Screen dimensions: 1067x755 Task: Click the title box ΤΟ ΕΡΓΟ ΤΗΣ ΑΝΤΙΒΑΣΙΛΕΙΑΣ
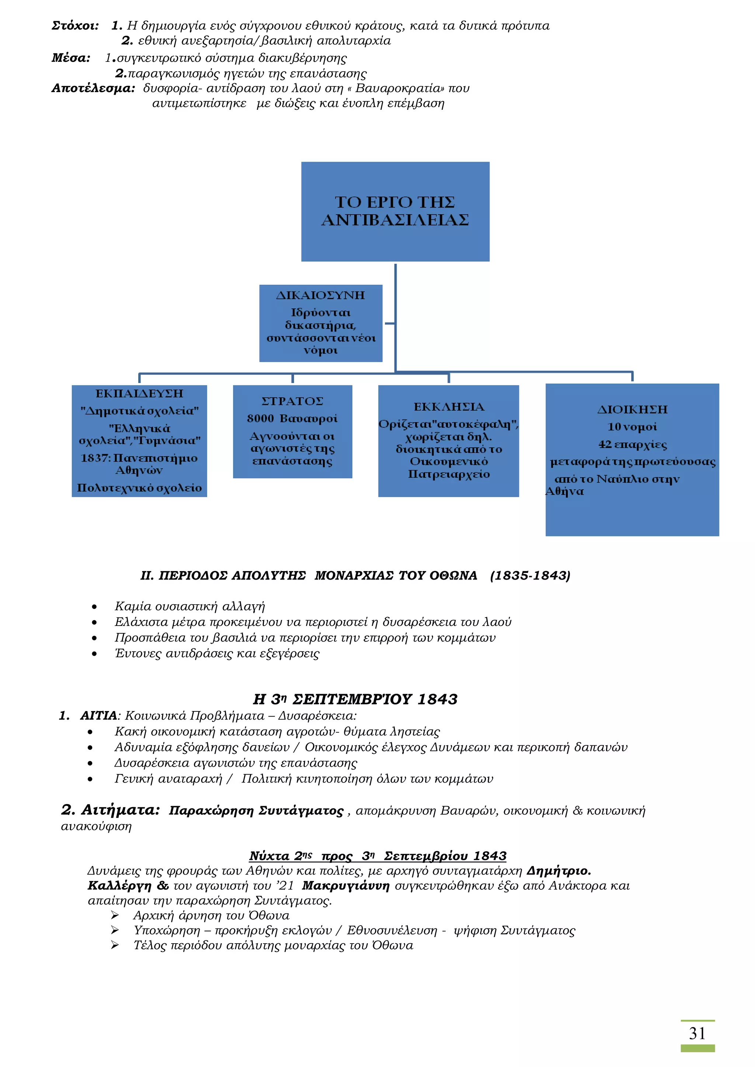[395, 211]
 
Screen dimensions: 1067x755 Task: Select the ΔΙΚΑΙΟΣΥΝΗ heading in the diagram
[320, 295]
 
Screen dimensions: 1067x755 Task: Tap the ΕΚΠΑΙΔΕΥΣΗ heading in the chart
[139, 393]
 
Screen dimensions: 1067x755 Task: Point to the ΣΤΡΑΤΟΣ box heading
[292, 401]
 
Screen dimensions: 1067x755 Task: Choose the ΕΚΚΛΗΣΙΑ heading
[449, 407]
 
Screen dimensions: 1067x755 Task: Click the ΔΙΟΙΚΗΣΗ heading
[632, 409]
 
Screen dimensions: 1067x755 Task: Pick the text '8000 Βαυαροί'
[292, 419]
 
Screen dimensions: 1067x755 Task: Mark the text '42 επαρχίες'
[632, 444]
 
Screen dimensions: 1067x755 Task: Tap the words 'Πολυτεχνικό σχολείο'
[139, 488]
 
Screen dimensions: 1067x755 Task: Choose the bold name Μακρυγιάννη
[345, 886]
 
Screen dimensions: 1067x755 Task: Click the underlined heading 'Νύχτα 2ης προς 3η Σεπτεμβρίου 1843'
[377, 856]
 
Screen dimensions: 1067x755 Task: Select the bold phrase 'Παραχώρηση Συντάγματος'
[256, 811]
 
